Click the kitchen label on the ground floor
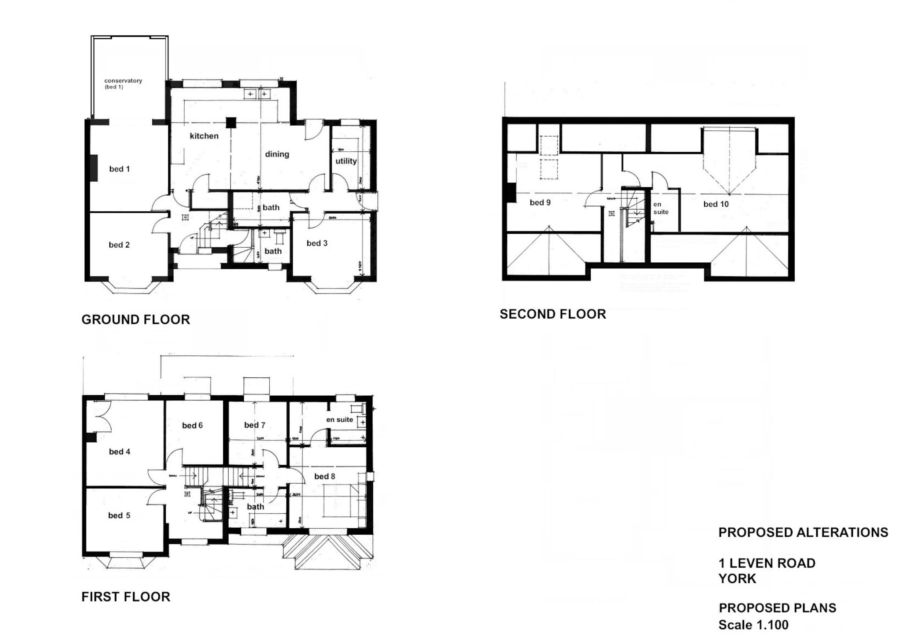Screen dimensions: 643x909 204,136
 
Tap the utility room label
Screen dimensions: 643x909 346,161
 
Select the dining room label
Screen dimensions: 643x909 277,154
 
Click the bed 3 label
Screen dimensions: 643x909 317,243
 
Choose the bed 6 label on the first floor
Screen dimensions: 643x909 192,425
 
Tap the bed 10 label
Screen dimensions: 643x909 716,204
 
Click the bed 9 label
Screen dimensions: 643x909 540,202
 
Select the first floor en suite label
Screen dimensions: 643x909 339,419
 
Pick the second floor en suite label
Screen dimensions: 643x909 661,208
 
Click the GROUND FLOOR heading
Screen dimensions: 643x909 136,319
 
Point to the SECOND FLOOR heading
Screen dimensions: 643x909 553,314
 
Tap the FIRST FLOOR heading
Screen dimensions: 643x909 126,596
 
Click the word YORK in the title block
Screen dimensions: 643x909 737,579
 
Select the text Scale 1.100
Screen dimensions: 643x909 753,625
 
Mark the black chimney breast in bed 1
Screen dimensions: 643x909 94,168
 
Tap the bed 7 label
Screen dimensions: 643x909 255,425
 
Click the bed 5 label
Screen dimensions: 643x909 119,515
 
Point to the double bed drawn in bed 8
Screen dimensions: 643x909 340,501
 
